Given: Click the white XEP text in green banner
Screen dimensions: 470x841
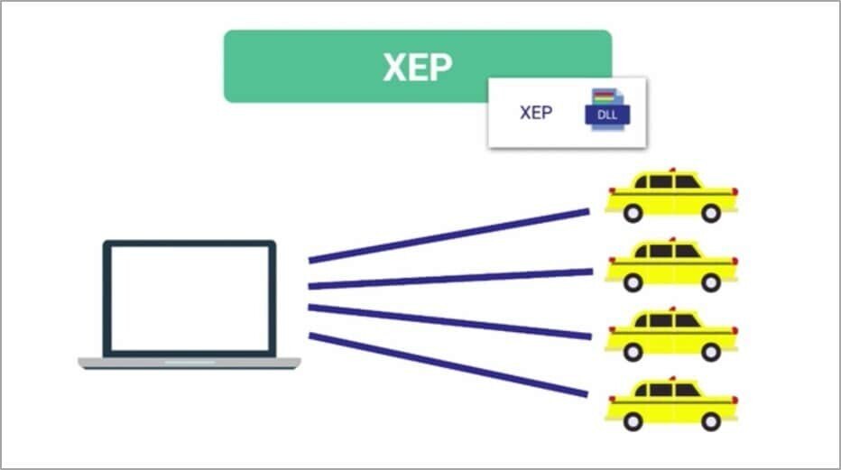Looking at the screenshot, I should (x=417, y=67).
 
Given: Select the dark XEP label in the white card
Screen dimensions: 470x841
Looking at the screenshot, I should (x=536, y=113).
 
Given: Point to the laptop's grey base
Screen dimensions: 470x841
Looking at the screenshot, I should (x=189, y=363).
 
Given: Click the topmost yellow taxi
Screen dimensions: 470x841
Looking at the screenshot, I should (x=671, y=196).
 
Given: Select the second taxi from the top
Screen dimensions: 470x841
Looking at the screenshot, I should (x=671, y=265).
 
